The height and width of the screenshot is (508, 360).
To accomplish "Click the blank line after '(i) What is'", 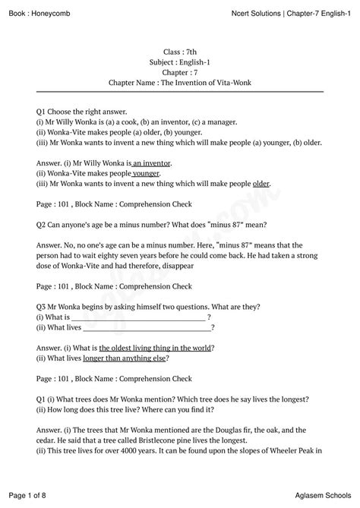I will [138, 317].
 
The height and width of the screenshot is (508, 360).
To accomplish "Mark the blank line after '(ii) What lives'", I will [147, 327].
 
